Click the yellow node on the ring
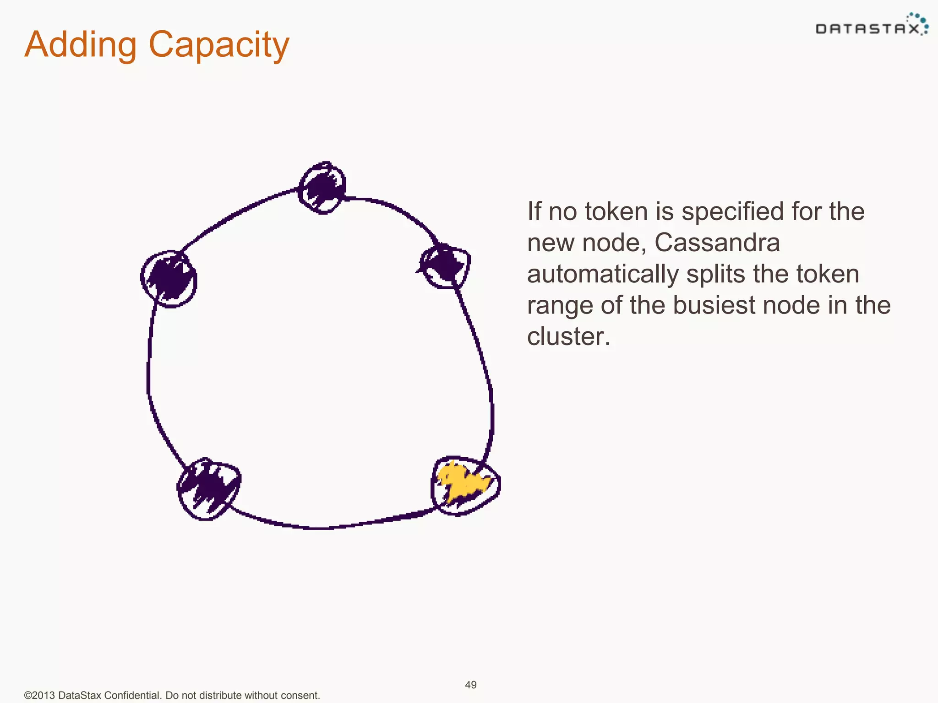[465, 486]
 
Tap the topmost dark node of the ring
[322, 188]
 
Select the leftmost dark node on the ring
[169, 279]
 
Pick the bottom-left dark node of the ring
[209, 488]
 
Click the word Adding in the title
[81, 44]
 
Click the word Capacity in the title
[219, 45]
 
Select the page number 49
[471, 685]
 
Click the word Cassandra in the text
[717, 243]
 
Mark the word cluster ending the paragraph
[568, 336]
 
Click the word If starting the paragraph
[534, 211]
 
